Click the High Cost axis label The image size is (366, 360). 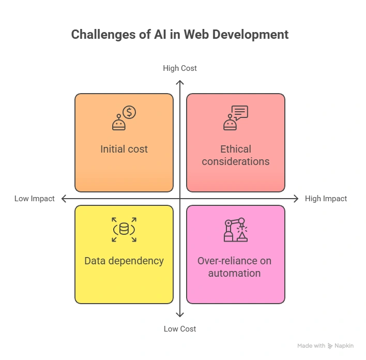click(180, 68)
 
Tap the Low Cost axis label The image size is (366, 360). click(180, 329)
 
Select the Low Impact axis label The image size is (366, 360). click(35, 199)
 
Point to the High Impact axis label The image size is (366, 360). click(326, 199)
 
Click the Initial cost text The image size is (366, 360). click(124, 149)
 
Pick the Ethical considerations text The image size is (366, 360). click(236, 155)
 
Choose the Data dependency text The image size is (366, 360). click(124, 261)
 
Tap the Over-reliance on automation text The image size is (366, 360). click(235, 267)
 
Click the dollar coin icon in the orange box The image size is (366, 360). click(129, 112)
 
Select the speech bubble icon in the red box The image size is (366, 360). click(240, 112)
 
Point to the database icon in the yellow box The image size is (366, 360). click(124, 229)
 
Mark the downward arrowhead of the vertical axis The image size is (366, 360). click(180, 314)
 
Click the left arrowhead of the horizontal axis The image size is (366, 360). click(64, 199)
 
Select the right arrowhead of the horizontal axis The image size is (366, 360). click(296, 199)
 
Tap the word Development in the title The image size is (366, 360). click(254, 35)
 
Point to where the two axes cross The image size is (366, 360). click(180, 199)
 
